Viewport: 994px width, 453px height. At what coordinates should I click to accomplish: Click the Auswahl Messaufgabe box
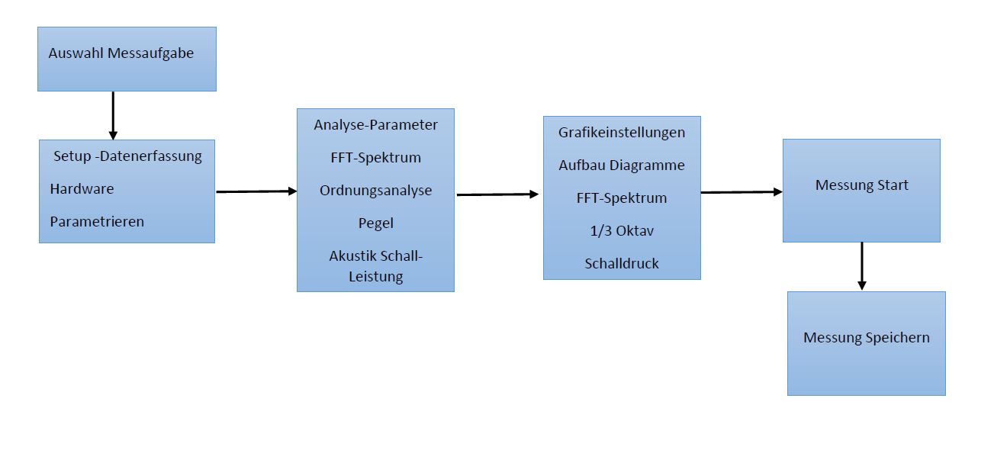tap(127, 59)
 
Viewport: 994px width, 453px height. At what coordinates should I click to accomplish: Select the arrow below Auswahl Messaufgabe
tap(113, 115)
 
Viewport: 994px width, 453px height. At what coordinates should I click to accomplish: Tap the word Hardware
tap(82, 188)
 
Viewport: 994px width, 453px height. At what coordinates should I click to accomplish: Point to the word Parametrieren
tap(97, 222)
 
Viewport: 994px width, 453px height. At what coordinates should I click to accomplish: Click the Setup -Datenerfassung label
tap(127, 156)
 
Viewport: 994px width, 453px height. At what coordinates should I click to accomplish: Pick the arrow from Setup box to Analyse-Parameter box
tap(256, 191)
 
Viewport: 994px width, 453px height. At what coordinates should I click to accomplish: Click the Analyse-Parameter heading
tap(375, 124)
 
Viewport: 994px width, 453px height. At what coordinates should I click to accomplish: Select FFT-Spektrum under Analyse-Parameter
tap(375, 158)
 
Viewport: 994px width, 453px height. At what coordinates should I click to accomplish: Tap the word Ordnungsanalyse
tap(375, 191)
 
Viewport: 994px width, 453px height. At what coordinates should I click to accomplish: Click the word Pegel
tap(375, 223)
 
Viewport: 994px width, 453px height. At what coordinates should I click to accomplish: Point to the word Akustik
tap(352, 256)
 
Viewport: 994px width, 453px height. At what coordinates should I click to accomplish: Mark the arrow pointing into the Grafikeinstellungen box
tap(498, 194)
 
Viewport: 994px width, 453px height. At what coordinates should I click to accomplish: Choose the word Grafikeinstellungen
tap(622, 132)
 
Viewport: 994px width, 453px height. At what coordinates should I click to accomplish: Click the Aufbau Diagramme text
tap(622, 165)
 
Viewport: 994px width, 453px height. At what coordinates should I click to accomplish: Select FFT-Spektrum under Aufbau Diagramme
tap(622, 198)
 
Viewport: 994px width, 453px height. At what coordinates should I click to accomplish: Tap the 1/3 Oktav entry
tap(622, 230)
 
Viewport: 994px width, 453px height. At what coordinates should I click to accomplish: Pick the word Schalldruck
tap(622, 263)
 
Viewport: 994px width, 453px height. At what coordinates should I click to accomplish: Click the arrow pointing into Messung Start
tap(741, 192)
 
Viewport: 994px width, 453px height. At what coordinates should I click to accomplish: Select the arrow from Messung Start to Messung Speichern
tap(862, 266)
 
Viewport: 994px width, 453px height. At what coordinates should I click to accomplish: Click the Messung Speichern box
tap(866, 342)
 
